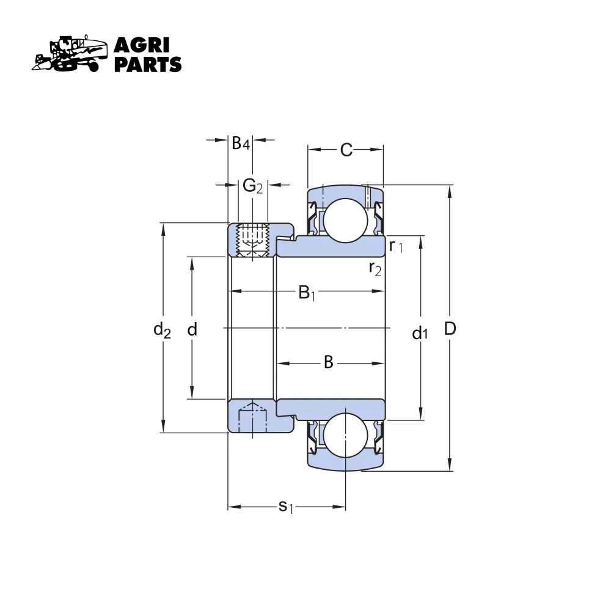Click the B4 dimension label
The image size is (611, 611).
coord(240,144)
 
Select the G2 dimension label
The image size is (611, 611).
coord(252,186)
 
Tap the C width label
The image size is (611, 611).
coord(346,150)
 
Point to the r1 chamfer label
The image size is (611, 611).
coord(396,246)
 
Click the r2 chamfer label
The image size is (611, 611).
coord(375,268)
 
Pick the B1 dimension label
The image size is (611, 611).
coord(307,293)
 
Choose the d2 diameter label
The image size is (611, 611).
coord(162,330)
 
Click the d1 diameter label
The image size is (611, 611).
coord(420,333)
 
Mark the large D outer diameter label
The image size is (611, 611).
coord(450,329)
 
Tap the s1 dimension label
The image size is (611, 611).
coord(285,507)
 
